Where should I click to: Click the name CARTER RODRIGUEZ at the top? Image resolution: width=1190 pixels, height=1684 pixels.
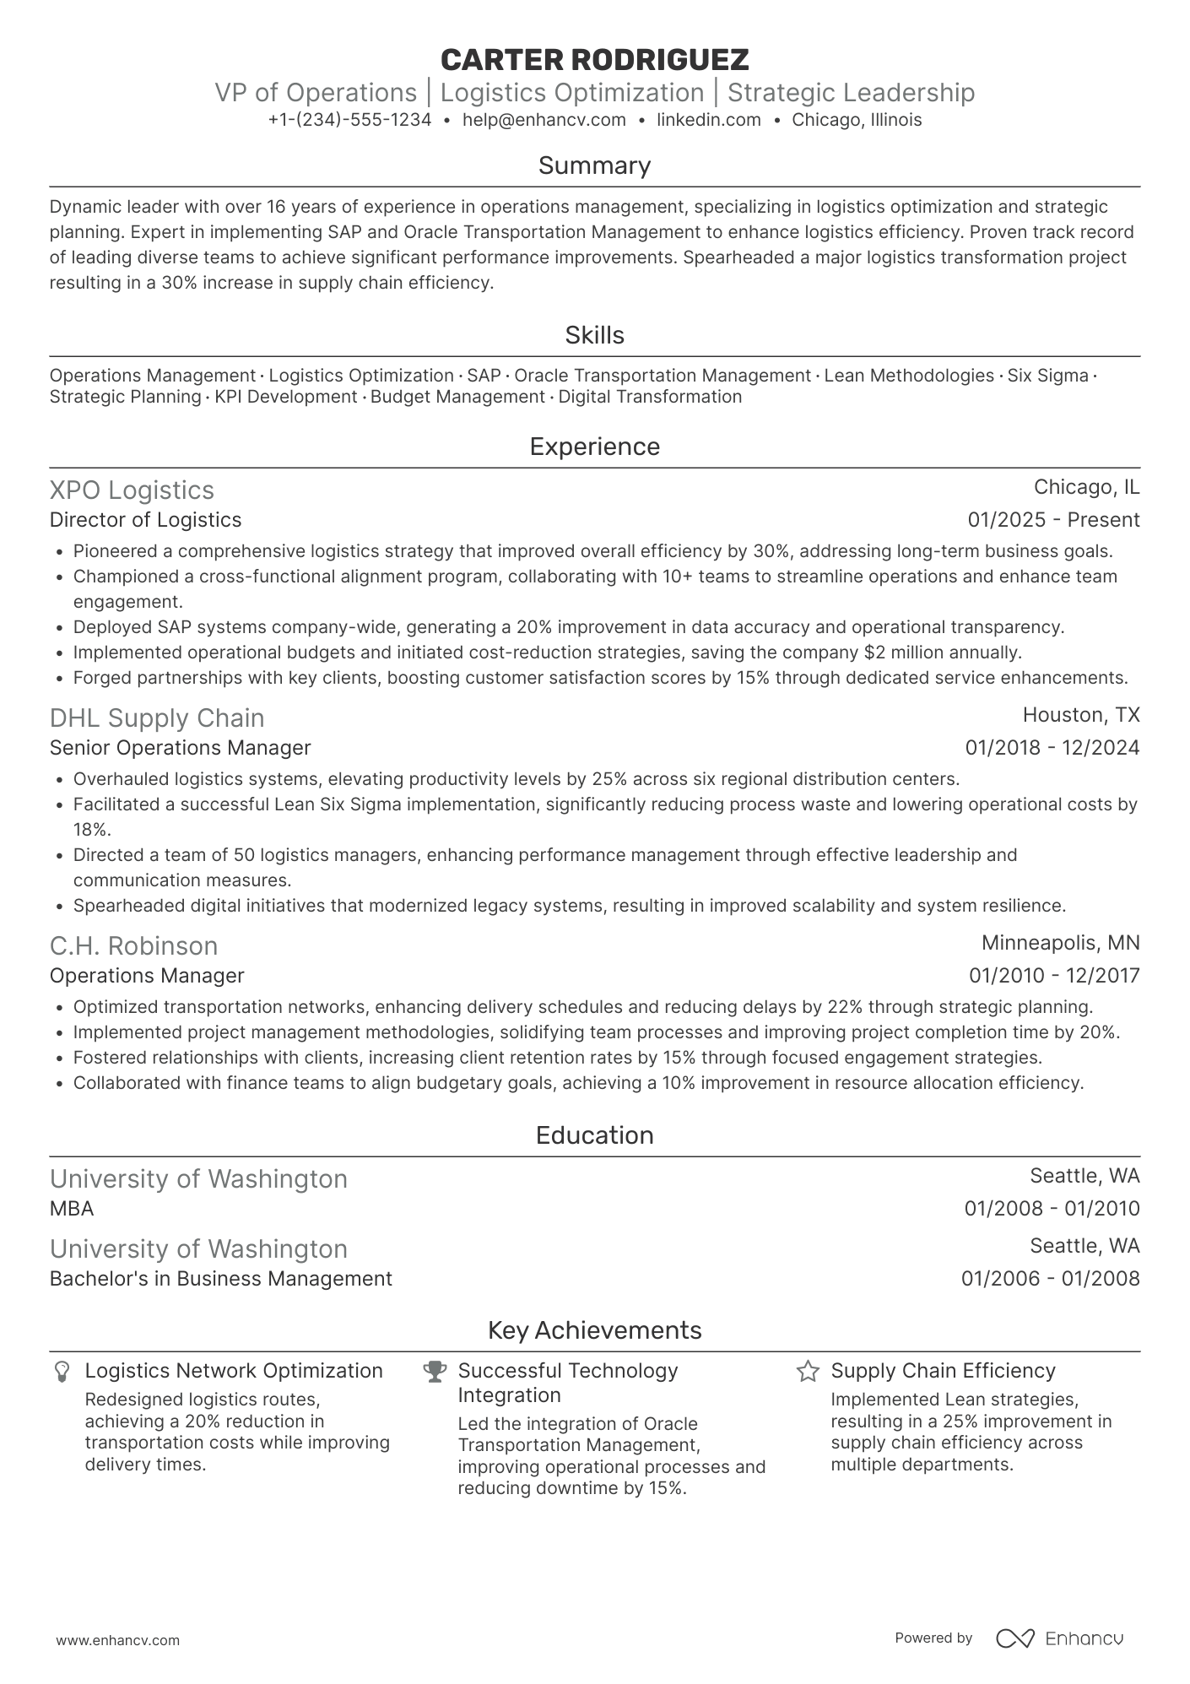pyautogui.click(x=594, y=59)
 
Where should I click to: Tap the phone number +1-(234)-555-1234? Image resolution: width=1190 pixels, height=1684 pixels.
pyautogui.click(x=349, y=120)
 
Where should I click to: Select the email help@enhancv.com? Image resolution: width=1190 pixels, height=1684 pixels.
pyautogui.click(x=544, y=120)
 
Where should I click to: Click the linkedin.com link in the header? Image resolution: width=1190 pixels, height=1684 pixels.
pyautogui.click(x=708, y=120)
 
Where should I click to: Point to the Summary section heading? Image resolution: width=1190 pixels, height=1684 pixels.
pyautogui.click(x=594, y=165)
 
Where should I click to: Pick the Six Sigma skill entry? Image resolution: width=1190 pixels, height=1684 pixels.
pyautogui.click(x=1047, y=376)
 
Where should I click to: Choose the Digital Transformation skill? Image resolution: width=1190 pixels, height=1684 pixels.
pyautogui.click(x=650, y=397)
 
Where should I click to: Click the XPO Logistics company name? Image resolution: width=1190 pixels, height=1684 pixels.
pyautogui.click(x=132, y=490)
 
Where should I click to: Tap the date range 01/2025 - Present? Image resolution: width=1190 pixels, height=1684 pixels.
pyautogui.click(x=1053, y=520)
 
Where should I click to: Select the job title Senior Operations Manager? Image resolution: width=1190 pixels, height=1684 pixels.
pyautogui.click(x=180, y=748)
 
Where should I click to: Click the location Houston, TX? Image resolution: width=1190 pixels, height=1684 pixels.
pyautogui.click(x=1081, y=715)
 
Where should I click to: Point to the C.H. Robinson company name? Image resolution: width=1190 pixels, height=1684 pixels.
pyautogui.click(x=133, y=946)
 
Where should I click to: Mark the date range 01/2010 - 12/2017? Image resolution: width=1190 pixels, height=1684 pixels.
pyautogui.click(x=1054, y=976)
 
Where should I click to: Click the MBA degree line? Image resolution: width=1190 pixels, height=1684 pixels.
pyautogui.click(x=72, y=1209)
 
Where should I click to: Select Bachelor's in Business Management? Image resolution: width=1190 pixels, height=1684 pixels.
pyautogui.click(x=220, y=1279)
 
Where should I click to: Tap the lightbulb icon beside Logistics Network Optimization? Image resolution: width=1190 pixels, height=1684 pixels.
pyautogui.click(x=62, y=1371)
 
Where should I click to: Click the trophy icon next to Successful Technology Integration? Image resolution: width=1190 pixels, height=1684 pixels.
pyautogui.click(x=435, y=1371)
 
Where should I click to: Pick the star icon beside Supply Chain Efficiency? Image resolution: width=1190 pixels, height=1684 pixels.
pyautogui.click(x=808, y=1371)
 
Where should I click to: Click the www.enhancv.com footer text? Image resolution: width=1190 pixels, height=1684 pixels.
pyautogui.click(x=117, y=1641)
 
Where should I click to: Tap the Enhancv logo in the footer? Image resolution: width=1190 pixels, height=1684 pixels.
pyautogui.click(x=1060, y=1638)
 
